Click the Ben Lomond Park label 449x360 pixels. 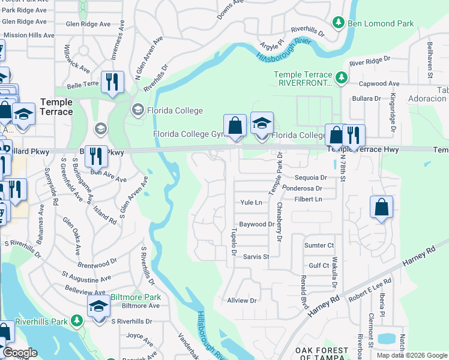pyautogui.click(x=381, y=23)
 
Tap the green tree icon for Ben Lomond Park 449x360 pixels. pyautogui.click(x=339, y=23)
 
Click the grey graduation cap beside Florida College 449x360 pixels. pyautogui.click(x=137, y=110)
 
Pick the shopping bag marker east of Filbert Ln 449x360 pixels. pyautogui.click(x=381, y=208)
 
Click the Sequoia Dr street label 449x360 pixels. pyautogui.click(x=310, y=178)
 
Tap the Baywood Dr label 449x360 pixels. pyautogui.click(x=256, y=224)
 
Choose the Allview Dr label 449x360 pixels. pyautogui.click(x=241, y=300)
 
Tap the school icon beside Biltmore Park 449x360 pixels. pyautogui.click(x=98, y=306)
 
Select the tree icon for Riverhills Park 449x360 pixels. pyautogui.click(x=76, y=321)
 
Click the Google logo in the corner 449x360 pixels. pyautogui.click(x=20, y=353)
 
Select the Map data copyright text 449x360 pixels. pyautogui.click(x=411, y=355)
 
